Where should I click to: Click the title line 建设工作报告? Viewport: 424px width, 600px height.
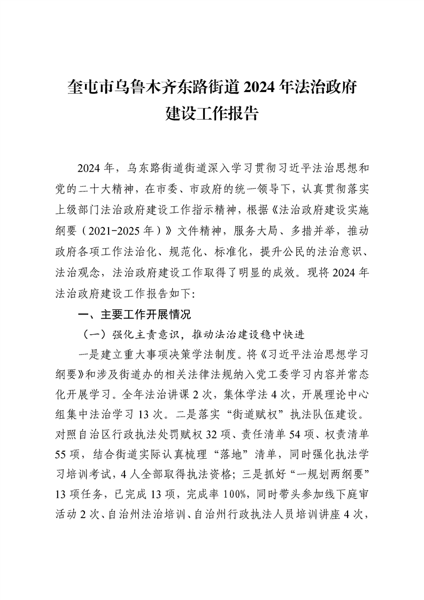click(212, 113)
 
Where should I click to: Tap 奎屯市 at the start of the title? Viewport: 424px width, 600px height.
click(89, 86)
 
